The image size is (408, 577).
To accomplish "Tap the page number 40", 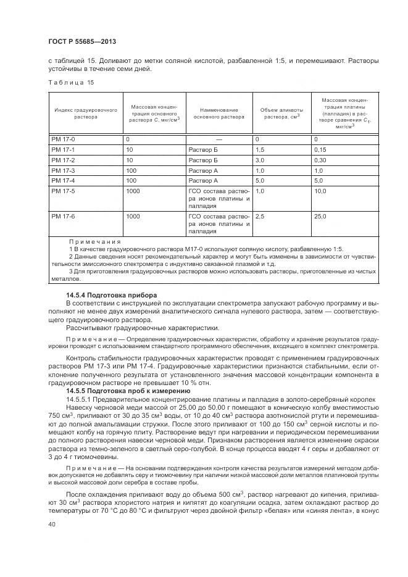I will [x=51, y=525].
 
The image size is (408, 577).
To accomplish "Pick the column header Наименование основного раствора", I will [x=219, y=113].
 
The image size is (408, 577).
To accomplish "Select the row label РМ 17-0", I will [x=64, y=139].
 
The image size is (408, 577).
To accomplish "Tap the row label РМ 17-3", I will [x=64, y=170].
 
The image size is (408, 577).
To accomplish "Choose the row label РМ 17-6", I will [x=64, y=217].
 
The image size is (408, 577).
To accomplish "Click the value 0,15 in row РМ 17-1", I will [x=320, y=150].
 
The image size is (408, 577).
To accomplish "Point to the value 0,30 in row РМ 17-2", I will [x=320, y=160].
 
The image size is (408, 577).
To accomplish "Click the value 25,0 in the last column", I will [x=320, y=217].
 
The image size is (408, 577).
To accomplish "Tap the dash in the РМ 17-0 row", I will [x=219, y=139].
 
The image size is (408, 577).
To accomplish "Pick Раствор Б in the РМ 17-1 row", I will [x=203, y=150].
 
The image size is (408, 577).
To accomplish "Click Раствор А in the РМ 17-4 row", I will [x=203, y=181].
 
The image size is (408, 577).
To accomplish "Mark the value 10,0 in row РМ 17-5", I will [x=320, y=191].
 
